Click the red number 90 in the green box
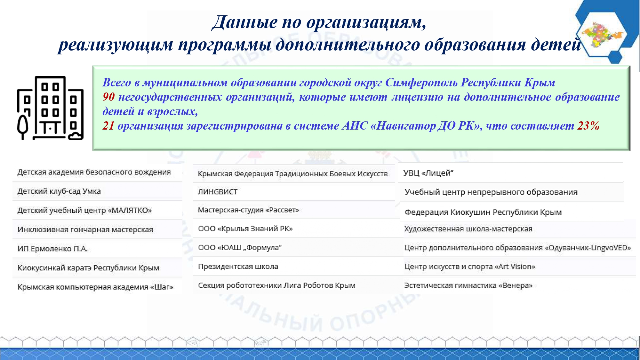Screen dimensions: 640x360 108,97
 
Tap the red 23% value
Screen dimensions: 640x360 588,125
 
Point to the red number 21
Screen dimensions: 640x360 108,125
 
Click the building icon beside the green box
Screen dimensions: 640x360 50,108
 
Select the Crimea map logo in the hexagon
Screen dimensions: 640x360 602,35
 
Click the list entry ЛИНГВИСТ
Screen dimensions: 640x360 218,192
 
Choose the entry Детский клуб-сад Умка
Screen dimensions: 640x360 59,191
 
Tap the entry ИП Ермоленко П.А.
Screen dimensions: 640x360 52,249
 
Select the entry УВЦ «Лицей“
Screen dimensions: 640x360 428,173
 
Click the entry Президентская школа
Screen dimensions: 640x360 238,266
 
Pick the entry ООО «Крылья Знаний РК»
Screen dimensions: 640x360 245,228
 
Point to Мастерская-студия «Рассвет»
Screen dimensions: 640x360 248,210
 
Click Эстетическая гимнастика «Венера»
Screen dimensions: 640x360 468,285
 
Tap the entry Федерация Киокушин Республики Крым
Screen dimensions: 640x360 483,212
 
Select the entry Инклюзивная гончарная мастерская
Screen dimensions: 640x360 85,229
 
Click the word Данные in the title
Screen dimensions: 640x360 245,22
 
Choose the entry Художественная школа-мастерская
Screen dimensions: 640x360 468,229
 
